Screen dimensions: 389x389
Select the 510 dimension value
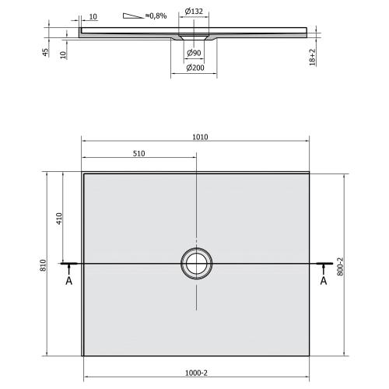pos(139,154)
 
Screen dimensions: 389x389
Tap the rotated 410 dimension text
pos(58,219)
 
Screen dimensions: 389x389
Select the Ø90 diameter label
pos(194,52)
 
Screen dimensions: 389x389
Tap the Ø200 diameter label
pos(194,68)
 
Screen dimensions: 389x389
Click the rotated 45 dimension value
pos(46,53)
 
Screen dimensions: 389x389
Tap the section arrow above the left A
pos(68,268)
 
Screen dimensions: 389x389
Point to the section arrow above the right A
pos(323,268)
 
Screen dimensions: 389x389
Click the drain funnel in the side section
pos(194,36)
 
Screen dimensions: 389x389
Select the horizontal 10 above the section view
pos(92,15)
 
